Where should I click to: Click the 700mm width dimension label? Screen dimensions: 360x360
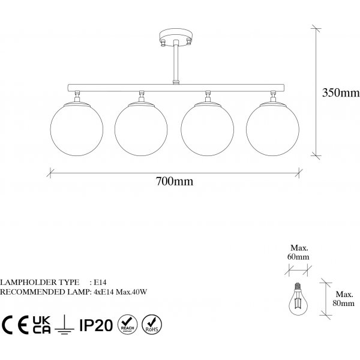pos(175,181)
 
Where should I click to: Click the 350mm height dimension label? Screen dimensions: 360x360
pos(341,92)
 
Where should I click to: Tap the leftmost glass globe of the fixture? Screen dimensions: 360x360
pos(77,129)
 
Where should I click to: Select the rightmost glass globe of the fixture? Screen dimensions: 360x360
pos(273,129)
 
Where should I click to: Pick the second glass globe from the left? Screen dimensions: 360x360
pos(141,129)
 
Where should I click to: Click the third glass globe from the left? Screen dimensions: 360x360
pos(208,129)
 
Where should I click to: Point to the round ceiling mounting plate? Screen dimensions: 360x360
pos(176,37)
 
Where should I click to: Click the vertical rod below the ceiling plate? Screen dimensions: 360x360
pos(176,62)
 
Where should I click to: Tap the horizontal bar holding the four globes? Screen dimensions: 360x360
pos(176,88)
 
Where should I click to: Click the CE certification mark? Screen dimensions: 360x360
pos(15,325)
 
